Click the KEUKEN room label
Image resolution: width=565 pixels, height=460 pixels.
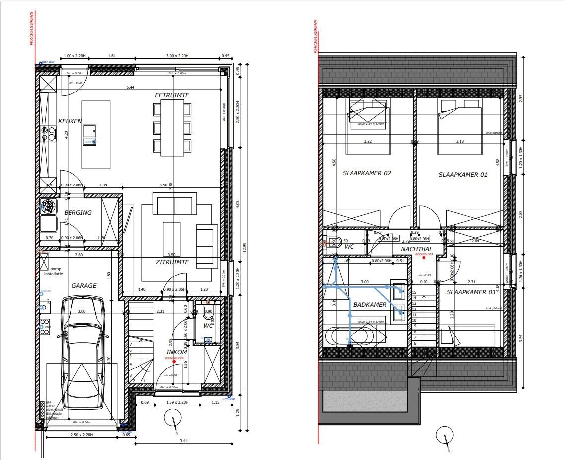tap(70, 121)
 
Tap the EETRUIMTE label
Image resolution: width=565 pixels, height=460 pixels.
tap(172, 95)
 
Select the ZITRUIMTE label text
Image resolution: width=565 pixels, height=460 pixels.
tap(172, 261)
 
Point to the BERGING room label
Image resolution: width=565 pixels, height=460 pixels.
tap(78, 213)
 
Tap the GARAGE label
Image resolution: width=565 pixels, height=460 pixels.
tap(84, 286)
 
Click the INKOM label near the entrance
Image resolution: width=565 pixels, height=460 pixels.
tap(176, 352)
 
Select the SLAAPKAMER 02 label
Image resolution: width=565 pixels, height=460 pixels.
tap(366, 174)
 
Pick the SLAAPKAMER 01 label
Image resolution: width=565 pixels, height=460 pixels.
tap(463, 175)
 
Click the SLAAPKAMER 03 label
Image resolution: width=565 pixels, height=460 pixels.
tap(471, 292)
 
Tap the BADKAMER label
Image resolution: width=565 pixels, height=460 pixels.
tap(369, 305)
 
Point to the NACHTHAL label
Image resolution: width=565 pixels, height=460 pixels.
tap(417, 249)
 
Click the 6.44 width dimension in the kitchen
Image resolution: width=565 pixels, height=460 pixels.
tap(131, 88)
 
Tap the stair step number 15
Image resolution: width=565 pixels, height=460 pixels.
tap(414, 293)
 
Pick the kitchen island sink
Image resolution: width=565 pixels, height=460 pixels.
tap(90, 131)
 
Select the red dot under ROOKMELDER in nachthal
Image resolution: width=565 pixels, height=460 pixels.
tap(424, 259)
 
